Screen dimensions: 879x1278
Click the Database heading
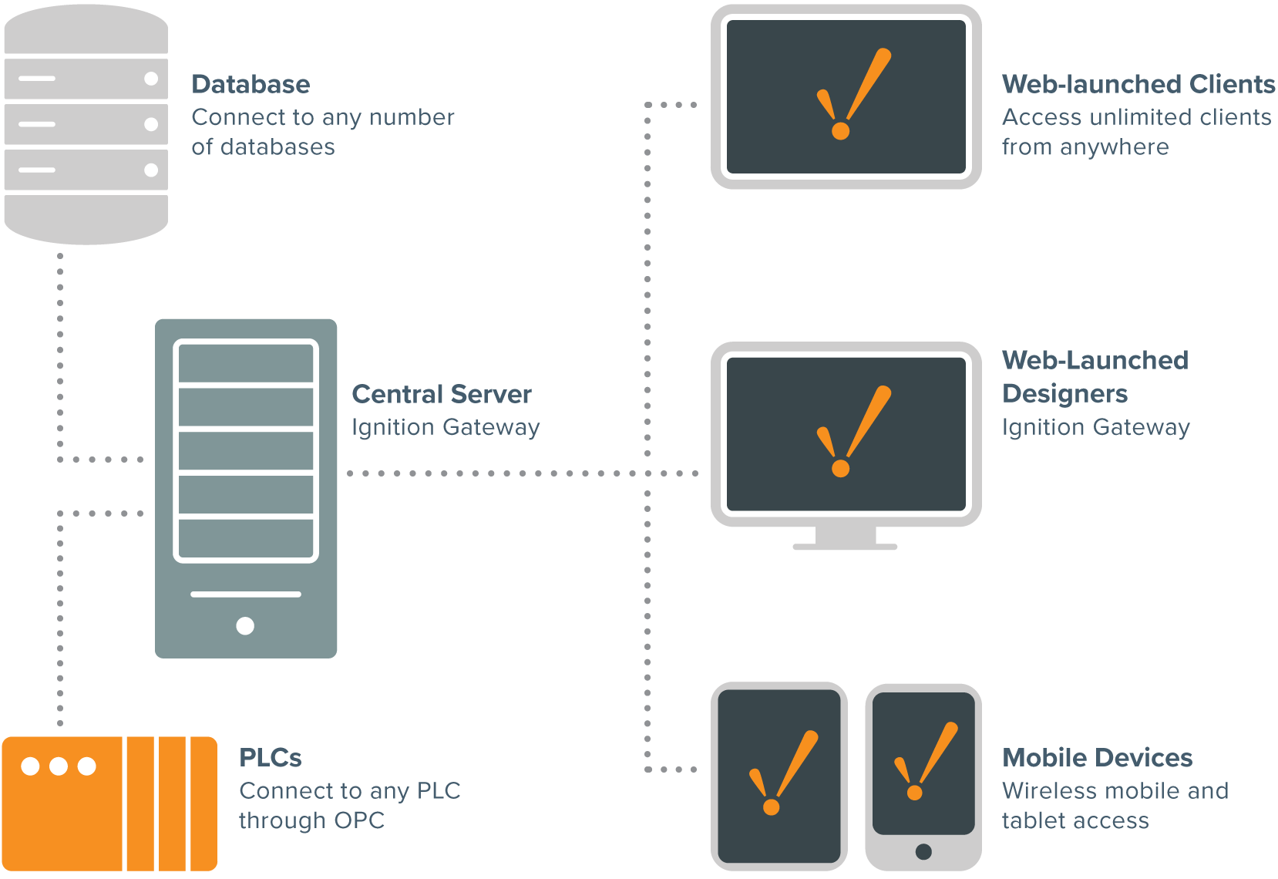tap(251, 84)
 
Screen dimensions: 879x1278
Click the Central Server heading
tap(441, 394)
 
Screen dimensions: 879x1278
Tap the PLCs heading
tap(270, 757)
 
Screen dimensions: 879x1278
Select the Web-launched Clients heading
tap(1138, 84)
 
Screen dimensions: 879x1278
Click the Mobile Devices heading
tap(1097, 757)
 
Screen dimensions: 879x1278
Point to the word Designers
tap(1064, 394)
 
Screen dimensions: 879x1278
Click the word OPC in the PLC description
tap(359, 820)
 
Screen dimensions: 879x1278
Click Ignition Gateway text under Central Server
tap(446, 427)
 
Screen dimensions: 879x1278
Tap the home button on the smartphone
tap(923, 851)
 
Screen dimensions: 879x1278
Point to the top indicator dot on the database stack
tap(151, 79)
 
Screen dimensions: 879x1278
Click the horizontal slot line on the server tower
tap(245, 594)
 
